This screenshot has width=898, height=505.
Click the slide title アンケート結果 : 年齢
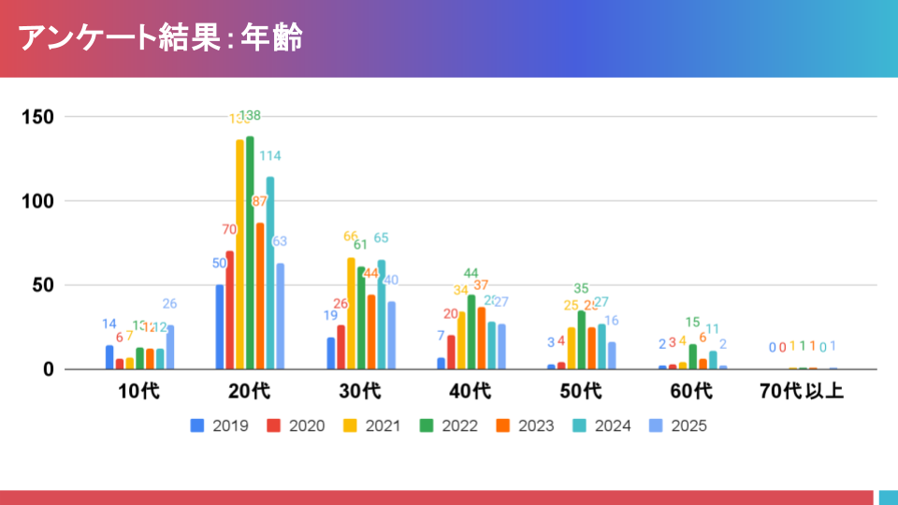coord(160,38)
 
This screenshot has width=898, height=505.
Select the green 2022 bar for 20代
coord(250,252)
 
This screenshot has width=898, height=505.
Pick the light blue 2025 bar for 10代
coord(170,347)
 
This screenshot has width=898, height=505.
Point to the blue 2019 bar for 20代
coord(220,327)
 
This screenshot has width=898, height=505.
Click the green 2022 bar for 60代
coord(692,356)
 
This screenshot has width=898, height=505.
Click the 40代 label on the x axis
coord(470,391)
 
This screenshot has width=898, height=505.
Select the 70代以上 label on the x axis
coord(802,391)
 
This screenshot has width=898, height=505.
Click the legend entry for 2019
coord(221,426)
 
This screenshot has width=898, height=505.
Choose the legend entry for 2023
coord(528,426)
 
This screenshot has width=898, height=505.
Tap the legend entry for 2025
coord(681,426)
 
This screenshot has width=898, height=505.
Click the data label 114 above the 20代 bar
coord(270,156)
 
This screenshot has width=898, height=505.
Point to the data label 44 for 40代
coord(471,274)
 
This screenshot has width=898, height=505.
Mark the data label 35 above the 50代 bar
coord(581,289)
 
